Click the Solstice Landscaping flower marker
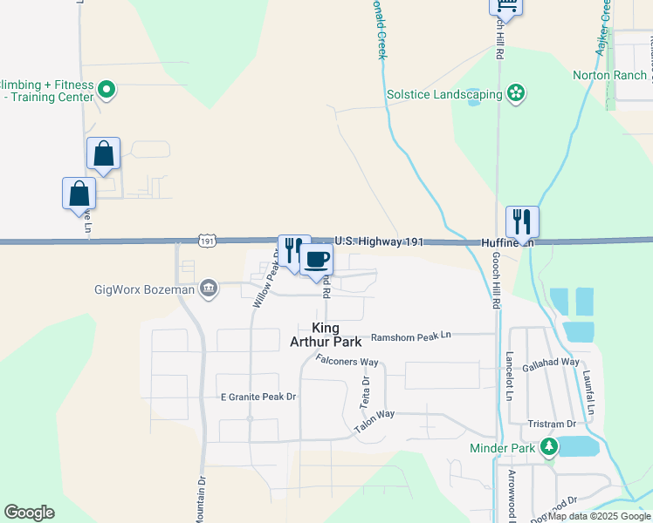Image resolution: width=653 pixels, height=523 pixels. pos(516,94)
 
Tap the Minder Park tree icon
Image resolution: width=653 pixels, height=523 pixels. pos(548,447)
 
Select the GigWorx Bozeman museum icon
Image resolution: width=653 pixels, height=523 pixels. pos(208,289)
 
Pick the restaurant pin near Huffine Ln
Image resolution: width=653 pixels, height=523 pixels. pos(522,222)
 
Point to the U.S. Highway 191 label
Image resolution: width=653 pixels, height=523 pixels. pos(379,241)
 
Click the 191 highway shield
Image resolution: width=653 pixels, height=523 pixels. pos(206,241)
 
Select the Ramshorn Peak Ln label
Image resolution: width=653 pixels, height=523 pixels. pos(410,336)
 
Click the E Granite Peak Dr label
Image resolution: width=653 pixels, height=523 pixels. pos(258,397)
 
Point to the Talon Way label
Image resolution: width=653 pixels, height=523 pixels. pos(375,422)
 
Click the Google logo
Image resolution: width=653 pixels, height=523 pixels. pos(29,513)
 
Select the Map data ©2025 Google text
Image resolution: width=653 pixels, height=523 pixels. pos(600,517)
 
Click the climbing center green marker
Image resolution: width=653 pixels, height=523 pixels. pos(107,89)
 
